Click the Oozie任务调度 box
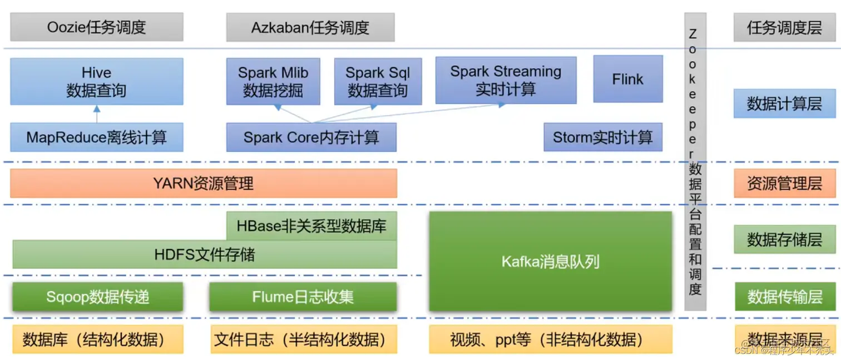pyautogui.click(x=96, y=28)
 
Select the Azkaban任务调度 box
pyautogui.click(x=310, y=28)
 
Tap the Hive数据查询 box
pyautogui.click(x=96, y=81)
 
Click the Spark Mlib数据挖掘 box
pyautogui.click(x=273, y=81)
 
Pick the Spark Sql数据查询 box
pyautogui.click(x=378, y=81)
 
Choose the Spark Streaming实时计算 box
pyautogui.click(x=506, y=80)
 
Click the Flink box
pyautogui.click(x=627, y=79)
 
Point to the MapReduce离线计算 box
pyautogui.click(x=96, y=137)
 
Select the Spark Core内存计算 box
pyautogui.click(x=311, y=137)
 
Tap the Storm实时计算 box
pyautogui.click(x=602, y=137)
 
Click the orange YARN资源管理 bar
pyautogui.click(x=203, y=184)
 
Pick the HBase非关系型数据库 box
pyautogui.click(x=311, y=226)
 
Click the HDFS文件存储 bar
pyautogui.click(x=204, y=255)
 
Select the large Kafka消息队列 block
pyautogui.click(x=550, y=262)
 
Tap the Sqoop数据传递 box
pyautogui.click(x=97, y=297)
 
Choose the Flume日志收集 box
pyautogui.click(x=303, y=297)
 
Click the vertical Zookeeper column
pyautogui.click(x=695, y=161)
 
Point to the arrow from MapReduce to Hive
pyautogui.click(x=96, y=115)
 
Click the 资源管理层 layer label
pyautogui.click(x=784, y=184)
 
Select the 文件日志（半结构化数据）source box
pyautogui.click(x=304, y=339)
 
